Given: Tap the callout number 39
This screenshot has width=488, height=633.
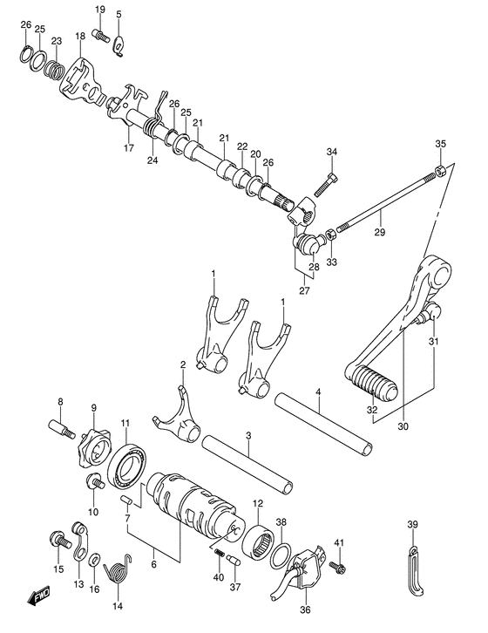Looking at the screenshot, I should (412, 525).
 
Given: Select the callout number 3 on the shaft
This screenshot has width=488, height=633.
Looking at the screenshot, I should (248, 436).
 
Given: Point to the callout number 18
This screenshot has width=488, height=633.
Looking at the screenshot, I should (79, 37).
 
